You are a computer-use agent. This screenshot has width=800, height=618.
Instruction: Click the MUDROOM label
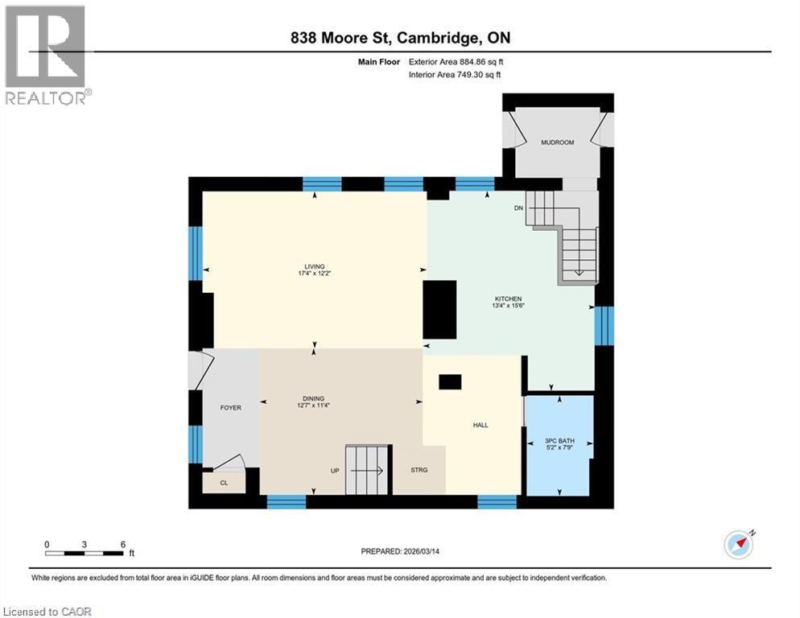tap(556, 142)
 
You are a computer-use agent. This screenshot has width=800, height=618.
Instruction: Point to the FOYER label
tap(231, 408)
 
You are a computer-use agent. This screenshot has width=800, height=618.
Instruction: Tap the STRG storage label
tap(419, 470)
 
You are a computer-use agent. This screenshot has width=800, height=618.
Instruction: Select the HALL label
tap(480, 426)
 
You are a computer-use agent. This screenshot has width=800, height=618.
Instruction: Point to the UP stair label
tap(334, 470)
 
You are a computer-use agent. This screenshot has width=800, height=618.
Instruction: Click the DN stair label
tap(519, 208)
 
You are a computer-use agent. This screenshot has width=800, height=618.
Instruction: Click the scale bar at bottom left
tap(85, 553)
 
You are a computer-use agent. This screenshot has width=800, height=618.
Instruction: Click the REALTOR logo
tap(46, 55)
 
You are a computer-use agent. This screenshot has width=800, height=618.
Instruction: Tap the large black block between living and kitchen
tap(439, 310)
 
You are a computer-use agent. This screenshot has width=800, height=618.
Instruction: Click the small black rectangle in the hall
tap(450, 382)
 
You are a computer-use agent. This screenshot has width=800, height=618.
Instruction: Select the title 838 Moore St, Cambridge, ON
tap(399, 38)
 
